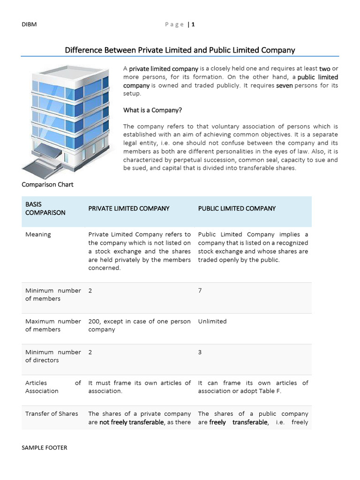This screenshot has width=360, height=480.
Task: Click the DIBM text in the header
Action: (29, 25)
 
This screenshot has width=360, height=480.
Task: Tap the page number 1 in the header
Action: (193, 25)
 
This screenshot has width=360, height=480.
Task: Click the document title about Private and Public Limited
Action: (180, 50)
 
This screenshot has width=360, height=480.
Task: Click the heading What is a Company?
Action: (152, 110)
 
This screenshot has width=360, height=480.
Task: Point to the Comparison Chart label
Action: (48, 184)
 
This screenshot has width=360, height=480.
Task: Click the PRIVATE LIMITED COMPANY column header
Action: (129, 208)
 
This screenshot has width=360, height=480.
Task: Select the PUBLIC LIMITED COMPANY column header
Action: (237, 208)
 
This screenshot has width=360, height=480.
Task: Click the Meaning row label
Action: (38, 234)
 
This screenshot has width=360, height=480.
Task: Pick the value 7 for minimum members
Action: (200, 291)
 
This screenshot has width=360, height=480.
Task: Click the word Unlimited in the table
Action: (212, 322)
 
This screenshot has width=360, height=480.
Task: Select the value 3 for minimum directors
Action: (200, 352)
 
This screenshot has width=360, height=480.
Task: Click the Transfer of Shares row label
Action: (52, 413)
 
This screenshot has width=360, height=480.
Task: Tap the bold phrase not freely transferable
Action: (132, 422)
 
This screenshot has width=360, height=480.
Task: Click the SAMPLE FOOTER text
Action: (45, 448)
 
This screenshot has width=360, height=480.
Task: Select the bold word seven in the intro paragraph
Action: (285, 85)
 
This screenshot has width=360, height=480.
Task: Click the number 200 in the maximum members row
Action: (94, 322)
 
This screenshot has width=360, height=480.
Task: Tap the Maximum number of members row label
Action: (53, 325)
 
